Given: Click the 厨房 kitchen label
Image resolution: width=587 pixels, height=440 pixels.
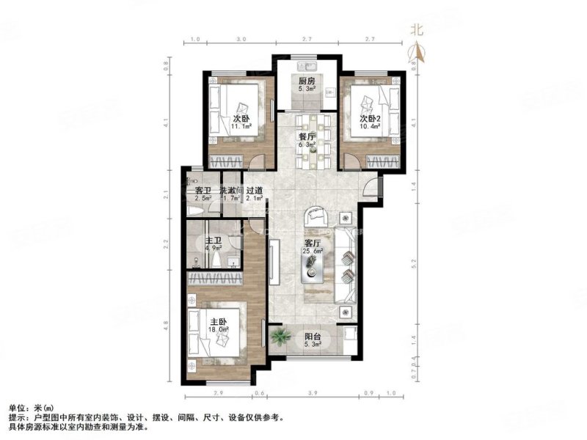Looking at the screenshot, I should tap(307, 81).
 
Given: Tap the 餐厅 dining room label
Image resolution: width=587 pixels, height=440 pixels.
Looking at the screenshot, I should tap(307, 136).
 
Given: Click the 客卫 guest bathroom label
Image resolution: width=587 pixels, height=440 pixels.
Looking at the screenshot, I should tap(203, 191).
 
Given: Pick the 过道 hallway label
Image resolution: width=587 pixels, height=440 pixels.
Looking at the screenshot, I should tap(255, 191).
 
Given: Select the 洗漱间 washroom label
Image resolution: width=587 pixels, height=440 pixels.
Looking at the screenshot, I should tap(231, 191).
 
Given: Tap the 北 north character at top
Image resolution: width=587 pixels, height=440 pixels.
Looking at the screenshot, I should tap(417, 31).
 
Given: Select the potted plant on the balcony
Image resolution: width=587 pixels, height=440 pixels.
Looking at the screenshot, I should tap(279, 337).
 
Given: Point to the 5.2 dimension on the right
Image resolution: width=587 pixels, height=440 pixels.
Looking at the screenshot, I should tap(415, 260).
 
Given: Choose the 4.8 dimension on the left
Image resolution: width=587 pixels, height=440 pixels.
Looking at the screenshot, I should tap(167, 323).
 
